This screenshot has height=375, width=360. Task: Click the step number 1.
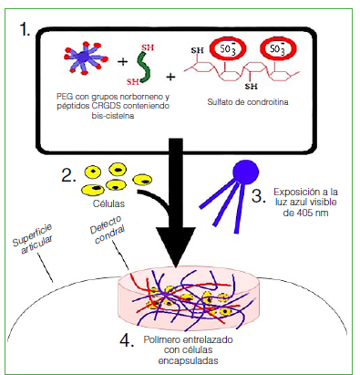(25, 29)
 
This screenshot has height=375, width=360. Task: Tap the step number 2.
(68, 175)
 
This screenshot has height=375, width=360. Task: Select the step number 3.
(259, 195)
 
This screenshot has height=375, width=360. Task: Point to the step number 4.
(127, 340)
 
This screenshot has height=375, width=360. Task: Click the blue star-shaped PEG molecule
(86, 58)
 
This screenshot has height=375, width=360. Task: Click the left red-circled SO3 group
(228, 48)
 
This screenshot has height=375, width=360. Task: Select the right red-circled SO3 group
(278, 48)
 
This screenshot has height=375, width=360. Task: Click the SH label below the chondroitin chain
(252, 87)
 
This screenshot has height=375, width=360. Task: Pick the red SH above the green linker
(148, 47)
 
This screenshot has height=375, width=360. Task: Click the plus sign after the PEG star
(122, 62)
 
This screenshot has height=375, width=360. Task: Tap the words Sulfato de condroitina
(248, 102)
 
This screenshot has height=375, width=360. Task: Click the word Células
(108, 203)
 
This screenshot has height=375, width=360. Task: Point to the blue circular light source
(245, 172)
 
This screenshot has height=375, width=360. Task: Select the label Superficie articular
(33, 239)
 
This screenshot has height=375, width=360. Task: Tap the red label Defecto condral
(108, 230)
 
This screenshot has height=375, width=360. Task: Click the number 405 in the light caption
(304, 213)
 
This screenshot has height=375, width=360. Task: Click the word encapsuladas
(188, 360)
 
